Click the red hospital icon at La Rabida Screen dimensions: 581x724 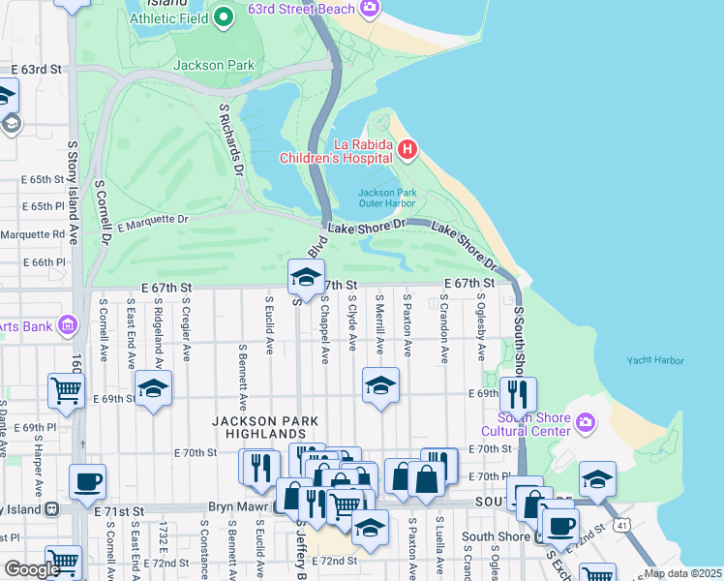(x=407, y=149)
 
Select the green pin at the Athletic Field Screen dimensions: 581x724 (x=224, y=16)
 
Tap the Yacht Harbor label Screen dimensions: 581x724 (x=654, y=361)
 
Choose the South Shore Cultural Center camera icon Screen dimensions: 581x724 (x=584, y=422)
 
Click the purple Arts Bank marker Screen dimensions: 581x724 (x=67, y=324)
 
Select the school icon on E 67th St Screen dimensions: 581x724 (x=306, y=278)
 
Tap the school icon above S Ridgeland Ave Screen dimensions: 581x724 (x=153, y=388)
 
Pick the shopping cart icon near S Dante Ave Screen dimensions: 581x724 (x=66, y=390)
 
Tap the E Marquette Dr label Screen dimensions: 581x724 (x=152, y=222)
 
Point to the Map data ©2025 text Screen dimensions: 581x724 (x=682, y=573)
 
